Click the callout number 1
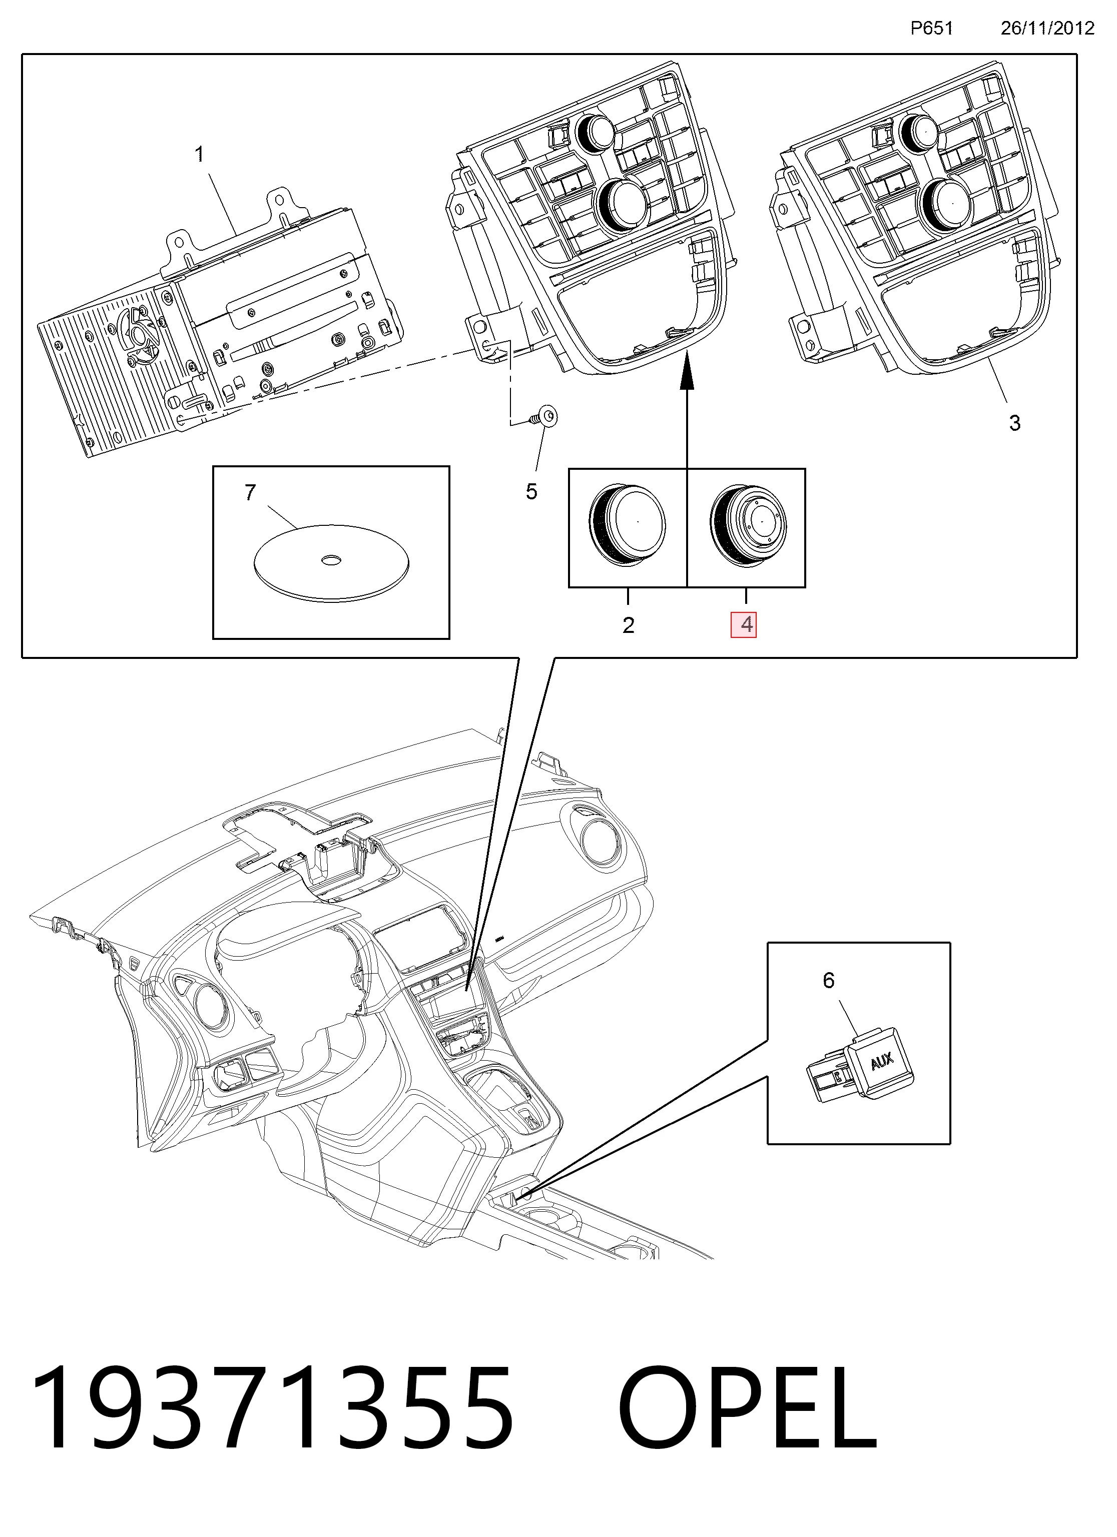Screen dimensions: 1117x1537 pos(199,155)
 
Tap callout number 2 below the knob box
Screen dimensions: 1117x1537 pos(629,625)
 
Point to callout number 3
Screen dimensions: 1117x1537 pos(1014,423)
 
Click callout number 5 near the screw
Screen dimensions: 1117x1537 pos(531,492)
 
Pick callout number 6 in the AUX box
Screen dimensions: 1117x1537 pos(828,981)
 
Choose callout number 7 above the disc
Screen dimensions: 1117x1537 pos(250,493)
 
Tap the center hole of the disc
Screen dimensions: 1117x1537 pos(331,560)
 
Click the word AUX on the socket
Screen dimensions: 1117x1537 pos(882,1061)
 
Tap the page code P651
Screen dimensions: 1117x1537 pos(932,28)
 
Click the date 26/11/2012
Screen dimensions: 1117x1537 pos(1047,28)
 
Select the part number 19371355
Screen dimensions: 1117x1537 pos(271,1406)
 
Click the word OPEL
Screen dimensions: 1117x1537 pos(747,1406)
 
